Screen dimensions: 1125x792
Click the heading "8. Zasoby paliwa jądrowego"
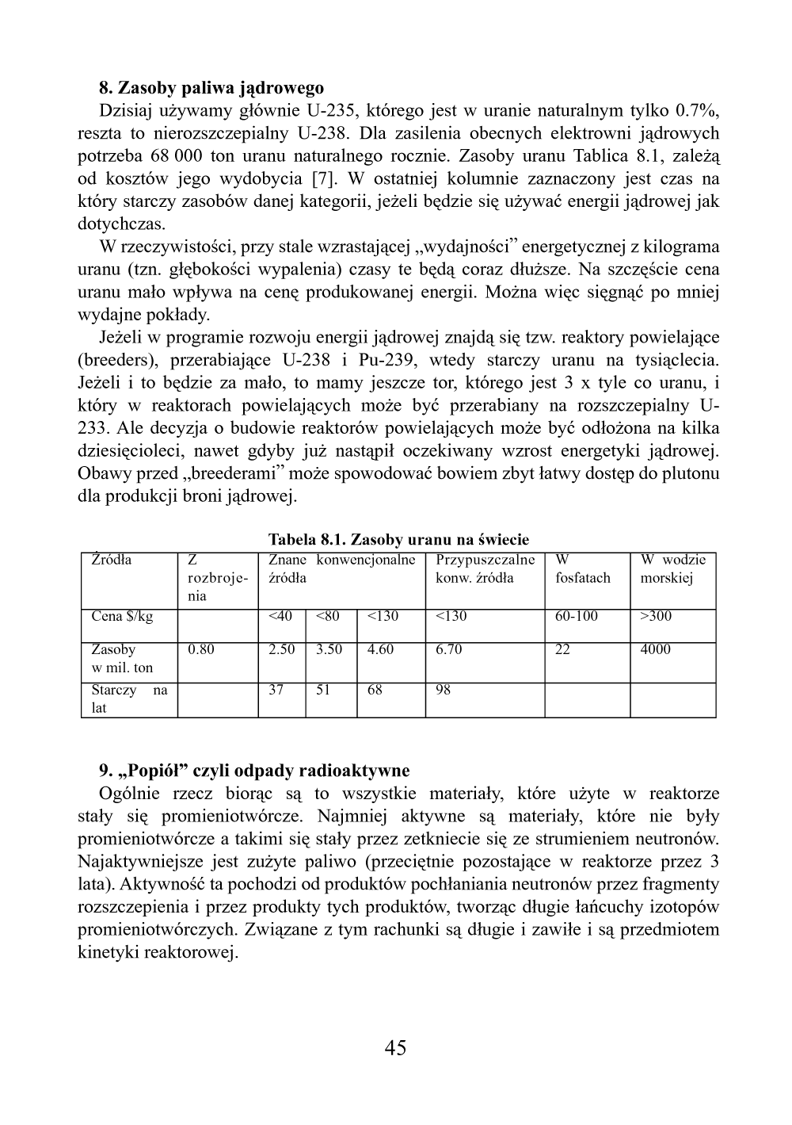pos(211,86)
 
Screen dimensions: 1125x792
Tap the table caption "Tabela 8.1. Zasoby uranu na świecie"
pos(398,540)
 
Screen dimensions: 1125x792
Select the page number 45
pos(395,1047)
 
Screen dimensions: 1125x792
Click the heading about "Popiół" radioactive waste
pos(254,770)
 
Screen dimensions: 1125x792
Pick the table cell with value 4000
pos(655,649)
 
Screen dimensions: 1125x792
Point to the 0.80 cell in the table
pos(200,649)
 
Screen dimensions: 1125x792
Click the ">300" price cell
pos(655,616)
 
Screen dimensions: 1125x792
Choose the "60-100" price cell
pos(577,616)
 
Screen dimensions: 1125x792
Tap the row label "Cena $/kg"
pos(123,616)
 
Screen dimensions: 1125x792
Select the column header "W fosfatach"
pos(583,568)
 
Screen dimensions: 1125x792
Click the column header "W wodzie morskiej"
pos(672,568)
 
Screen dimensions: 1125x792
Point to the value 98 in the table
pos(444,690)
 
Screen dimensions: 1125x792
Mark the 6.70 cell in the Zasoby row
pos(449,649)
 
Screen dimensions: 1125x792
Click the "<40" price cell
pos(280,616)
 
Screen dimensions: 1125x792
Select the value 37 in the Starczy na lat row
pos(276,690)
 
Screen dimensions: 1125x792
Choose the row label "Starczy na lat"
pos(129,698)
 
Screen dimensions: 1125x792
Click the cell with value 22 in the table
pos(562,649)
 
